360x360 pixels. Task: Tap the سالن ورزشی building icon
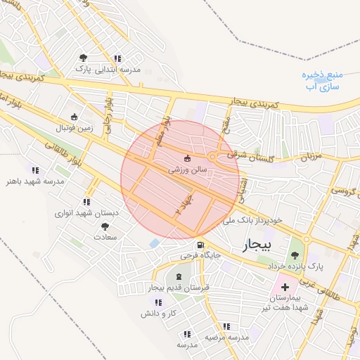click(x=187, y=158)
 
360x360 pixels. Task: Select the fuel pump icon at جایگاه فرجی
click(x=202, y=245)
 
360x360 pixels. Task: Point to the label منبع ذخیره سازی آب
click(x=325, y=81)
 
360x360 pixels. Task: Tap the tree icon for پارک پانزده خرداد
click(x=295, y=255)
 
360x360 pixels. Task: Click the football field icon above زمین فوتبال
click(x=75, y=117)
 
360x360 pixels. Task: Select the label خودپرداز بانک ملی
click(x=252, y=220)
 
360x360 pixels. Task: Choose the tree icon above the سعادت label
click(x=105, y=226)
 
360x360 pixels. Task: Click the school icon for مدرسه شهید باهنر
click(x=35, y=169)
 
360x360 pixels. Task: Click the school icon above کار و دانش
click(x=158, y=302)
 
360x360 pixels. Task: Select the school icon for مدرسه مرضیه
click(x=226, y=326)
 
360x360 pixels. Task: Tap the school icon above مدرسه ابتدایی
click(x=117, y=58)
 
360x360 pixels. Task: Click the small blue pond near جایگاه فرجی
click(x=154, y=243)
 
